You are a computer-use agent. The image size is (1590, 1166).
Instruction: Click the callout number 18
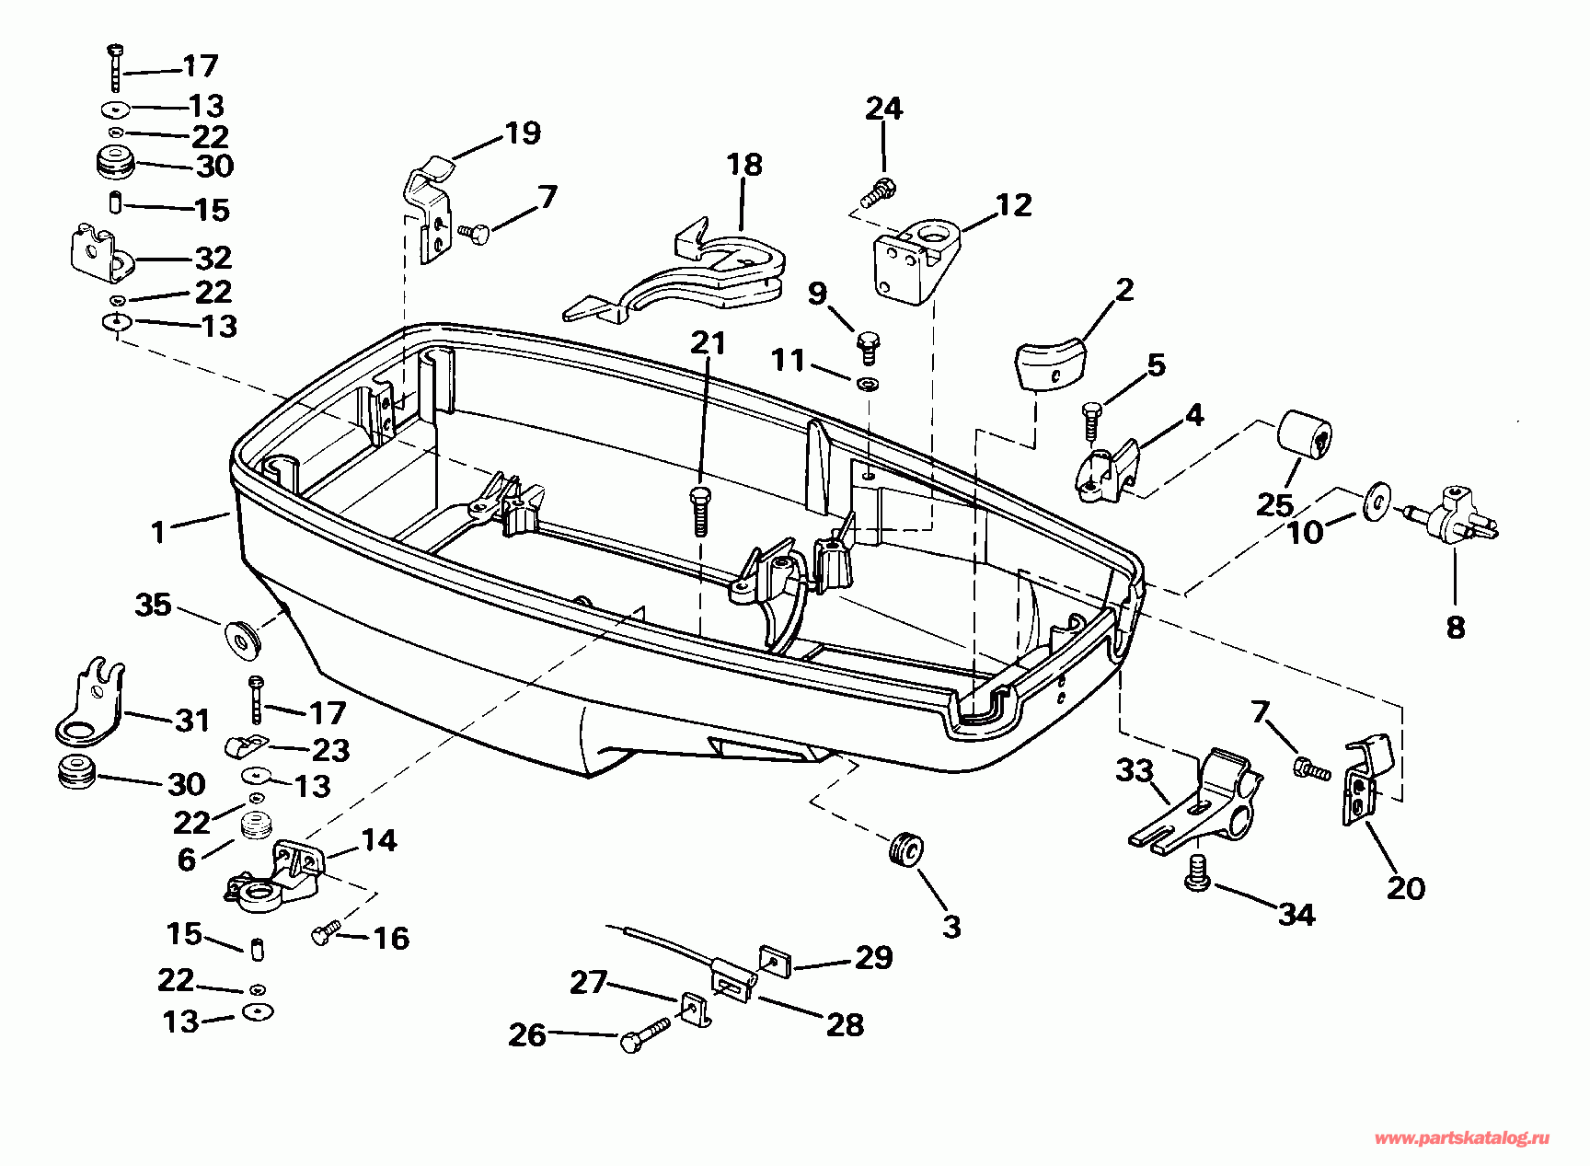744,166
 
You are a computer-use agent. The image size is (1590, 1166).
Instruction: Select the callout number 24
883,110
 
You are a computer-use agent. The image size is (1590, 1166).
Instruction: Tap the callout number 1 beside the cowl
159,532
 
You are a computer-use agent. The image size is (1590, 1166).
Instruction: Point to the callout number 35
153,605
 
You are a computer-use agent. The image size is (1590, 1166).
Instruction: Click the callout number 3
951,926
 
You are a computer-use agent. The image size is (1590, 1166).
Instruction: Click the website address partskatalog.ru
1461,1138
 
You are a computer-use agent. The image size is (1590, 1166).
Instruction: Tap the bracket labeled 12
915,258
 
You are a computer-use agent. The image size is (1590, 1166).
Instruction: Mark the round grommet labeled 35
243,637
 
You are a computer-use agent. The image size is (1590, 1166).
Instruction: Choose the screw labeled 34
1197,871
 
